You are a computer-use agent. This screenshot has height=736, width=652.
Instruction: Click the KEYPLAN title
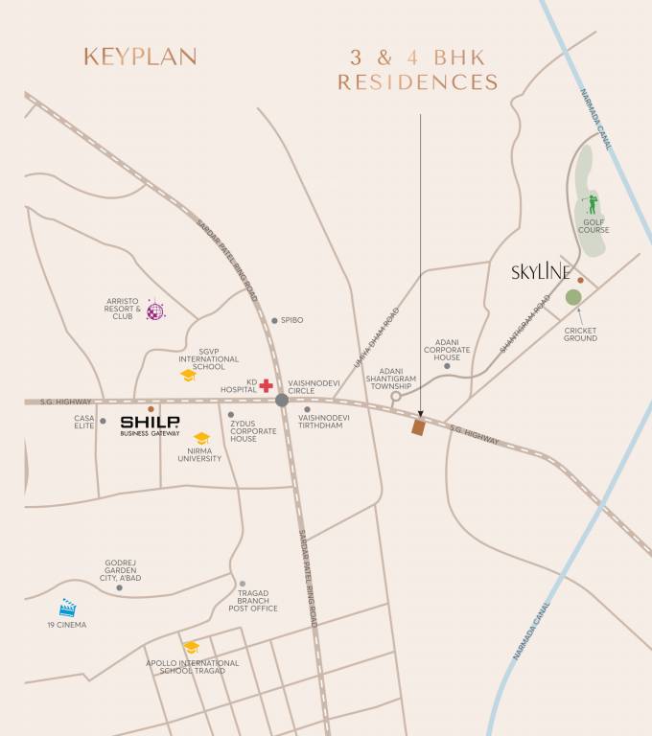140,57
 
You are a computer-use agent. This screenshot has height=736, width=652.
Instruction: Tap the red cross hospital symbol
266,385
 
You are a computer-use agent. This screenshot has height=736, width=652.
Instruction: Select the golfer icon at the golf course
592,204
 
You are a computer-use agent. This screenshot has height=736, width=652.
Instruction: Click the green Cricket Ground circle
573,297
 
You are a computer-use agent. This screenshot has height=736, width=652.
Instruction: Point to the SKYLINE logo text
542,273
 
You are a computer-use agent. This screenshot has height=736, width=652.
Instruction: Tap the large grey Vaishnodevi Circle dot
281,400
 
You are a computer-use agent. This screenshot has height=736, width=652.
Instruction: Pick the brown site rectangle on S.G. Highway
418,427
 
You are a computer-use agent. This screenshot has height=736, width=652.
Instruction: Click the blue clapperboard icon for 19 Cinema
67,608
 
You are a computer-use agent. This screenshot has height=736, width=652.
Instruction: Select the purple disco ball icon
155,310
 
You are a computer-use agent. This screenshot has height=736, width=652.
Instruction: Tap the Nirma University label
199,454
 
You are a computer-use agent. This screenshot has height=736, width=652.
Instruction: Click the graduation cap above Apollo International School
192,648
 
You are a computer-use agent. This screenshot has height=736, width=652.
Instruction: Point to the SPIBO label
291,320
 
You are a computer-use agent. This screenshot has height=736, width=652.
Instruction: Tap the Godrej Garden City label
121,571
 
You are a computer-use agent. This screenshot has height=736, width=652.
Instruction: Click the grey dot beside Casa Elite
104,420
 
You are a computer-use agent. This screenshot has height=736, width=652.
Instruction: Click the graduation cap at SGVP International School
189,375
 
